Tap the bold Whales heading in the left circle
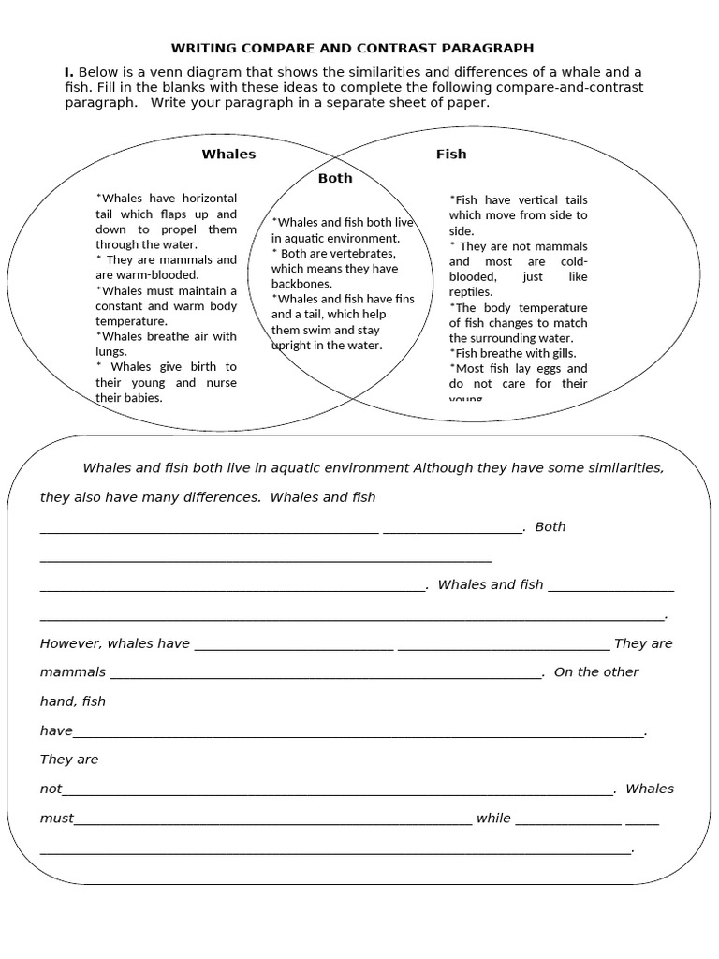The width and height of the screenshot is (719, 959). click(x=228, y=155)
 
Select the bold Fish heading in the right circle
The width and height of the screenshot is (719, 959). click(x=451, y=155)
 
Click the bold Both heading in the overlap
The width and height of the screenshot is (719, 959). click(x=335, y=178)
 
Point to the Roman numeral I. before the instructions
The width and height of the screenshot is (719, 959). click(x=68, y=73)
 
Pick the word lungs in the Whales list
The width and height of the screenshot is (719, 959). click(x=111, y=352)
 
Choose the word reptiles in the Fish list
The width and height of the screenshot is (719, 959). click(x=470, y=292)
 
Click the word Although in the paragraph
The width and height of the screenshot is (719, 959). click(x=444, y=468)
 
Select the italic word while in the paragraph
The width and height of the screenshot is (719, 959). click(x=493, y=819)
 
